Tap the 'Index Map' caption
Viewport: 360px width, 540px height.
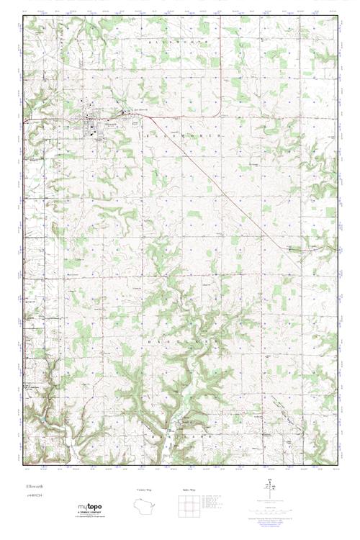[188, 490]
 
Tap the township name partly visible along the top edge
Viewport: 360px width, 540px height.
[176, 43]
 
